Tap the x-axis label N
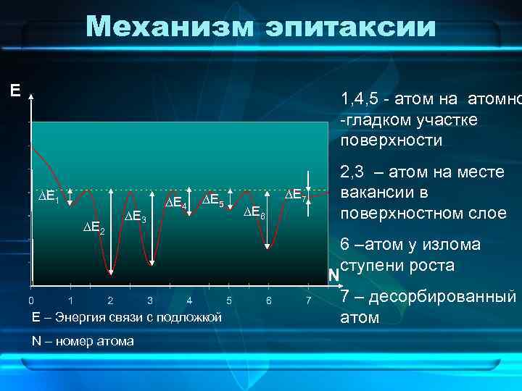(x=333, y=275)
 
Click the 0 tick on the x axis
(x=30, y=300)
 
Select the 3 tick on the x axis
(x=149, y=300)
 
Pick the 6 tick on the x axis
(x=268, y=300)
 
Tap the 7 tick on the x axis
(x=308, y=300)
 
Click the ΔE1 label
(x=49, y=196)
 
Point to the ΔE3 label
(x=135, y=218)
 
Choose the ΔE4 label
(x=177, y=206)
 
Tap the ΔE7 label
(x=296, y=195)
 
